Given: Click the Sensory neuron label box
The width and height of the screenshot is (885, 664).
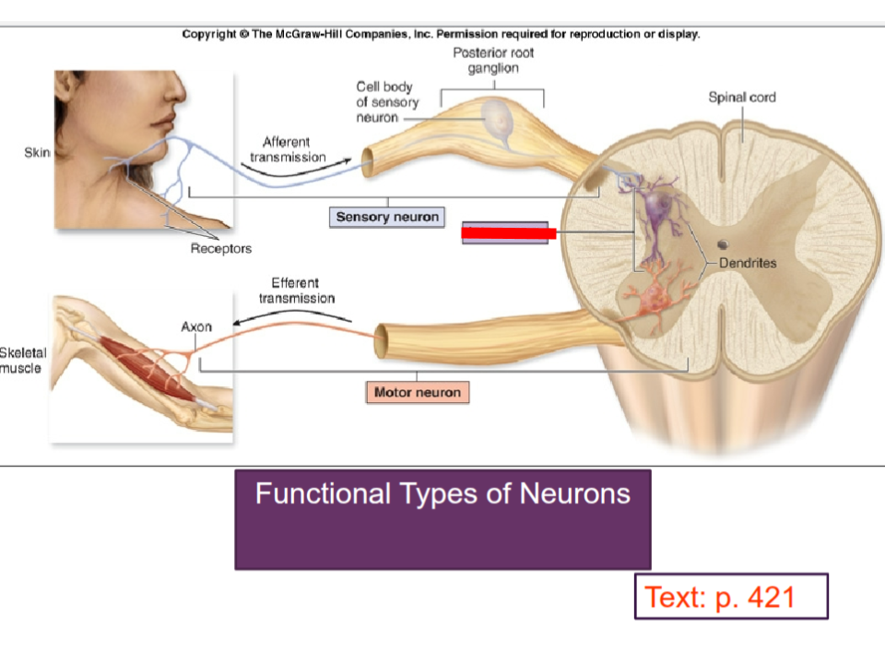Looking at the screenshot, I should click(x=387, y=218).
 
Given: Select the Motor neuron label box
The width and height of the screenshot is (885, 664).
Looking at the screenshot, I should click(x=417, y=393).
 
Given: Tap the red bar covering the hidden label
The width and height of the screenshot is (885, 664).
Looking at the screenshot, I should click(x=508, y=233).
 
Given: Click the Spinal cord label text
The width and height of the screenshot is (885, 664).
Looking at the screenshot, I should click(x=741, y=97).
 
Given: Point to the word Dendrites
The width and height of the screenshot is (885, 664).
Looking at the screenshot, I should click(x=748, y=263).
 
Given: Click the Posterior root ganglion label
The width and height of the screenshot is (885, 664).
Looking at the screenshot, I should click(x=493, y=61).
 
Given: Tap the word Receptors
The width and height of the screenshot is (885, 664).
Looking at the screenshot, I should click(x=220, y=248).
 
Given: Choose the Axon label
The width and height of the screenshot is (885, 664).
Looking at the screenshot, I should click(x=196, y=326).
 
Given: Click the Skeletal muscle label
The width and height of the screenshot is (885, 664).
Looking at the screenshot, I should click(x=20, y=361).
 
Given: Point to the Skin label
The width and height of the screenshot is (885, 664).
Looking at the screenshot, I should click(x=37, y=153).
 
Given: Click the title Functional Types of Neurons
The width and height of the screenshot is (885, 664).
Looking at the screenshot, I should click(x=442, y=493).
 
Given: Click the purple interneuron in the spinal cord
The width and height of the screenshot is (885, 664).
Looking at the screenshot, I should click(x=657, y=212).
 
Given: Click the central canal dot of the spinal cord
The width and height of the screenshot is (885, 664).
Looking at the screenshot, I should click(x=723, y=244).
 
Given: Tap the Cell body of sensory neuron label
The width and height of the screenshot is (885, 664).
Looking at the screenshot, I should click(x=386, y=102).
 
